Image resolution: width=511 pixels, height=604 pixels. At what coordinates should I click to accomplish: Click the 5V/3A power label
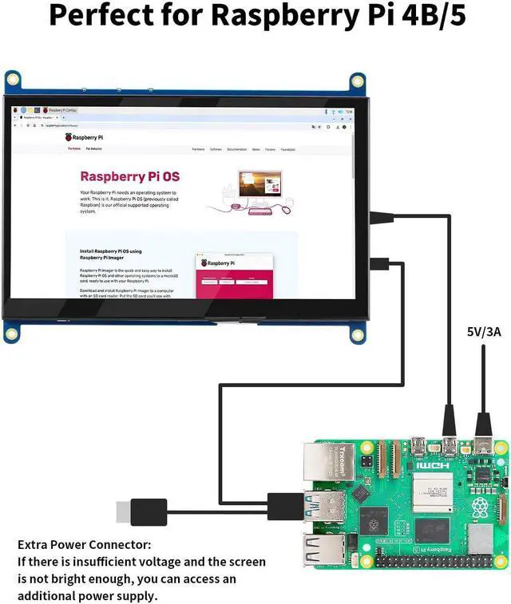pyautogui.click(x=483, y=330)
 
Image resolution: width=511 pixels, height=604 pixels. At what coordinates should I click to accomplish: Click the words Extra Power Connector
pyautogui.click(x=84, y=544)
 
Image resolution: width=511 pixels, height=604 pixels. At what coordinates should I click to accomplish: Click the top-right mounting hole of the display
pyautogui.click(x=358, y=81)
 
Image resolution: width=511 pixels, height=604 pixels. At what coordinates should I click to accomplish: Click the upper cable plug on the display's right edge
pyautogui.click(x=386, y=215)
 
